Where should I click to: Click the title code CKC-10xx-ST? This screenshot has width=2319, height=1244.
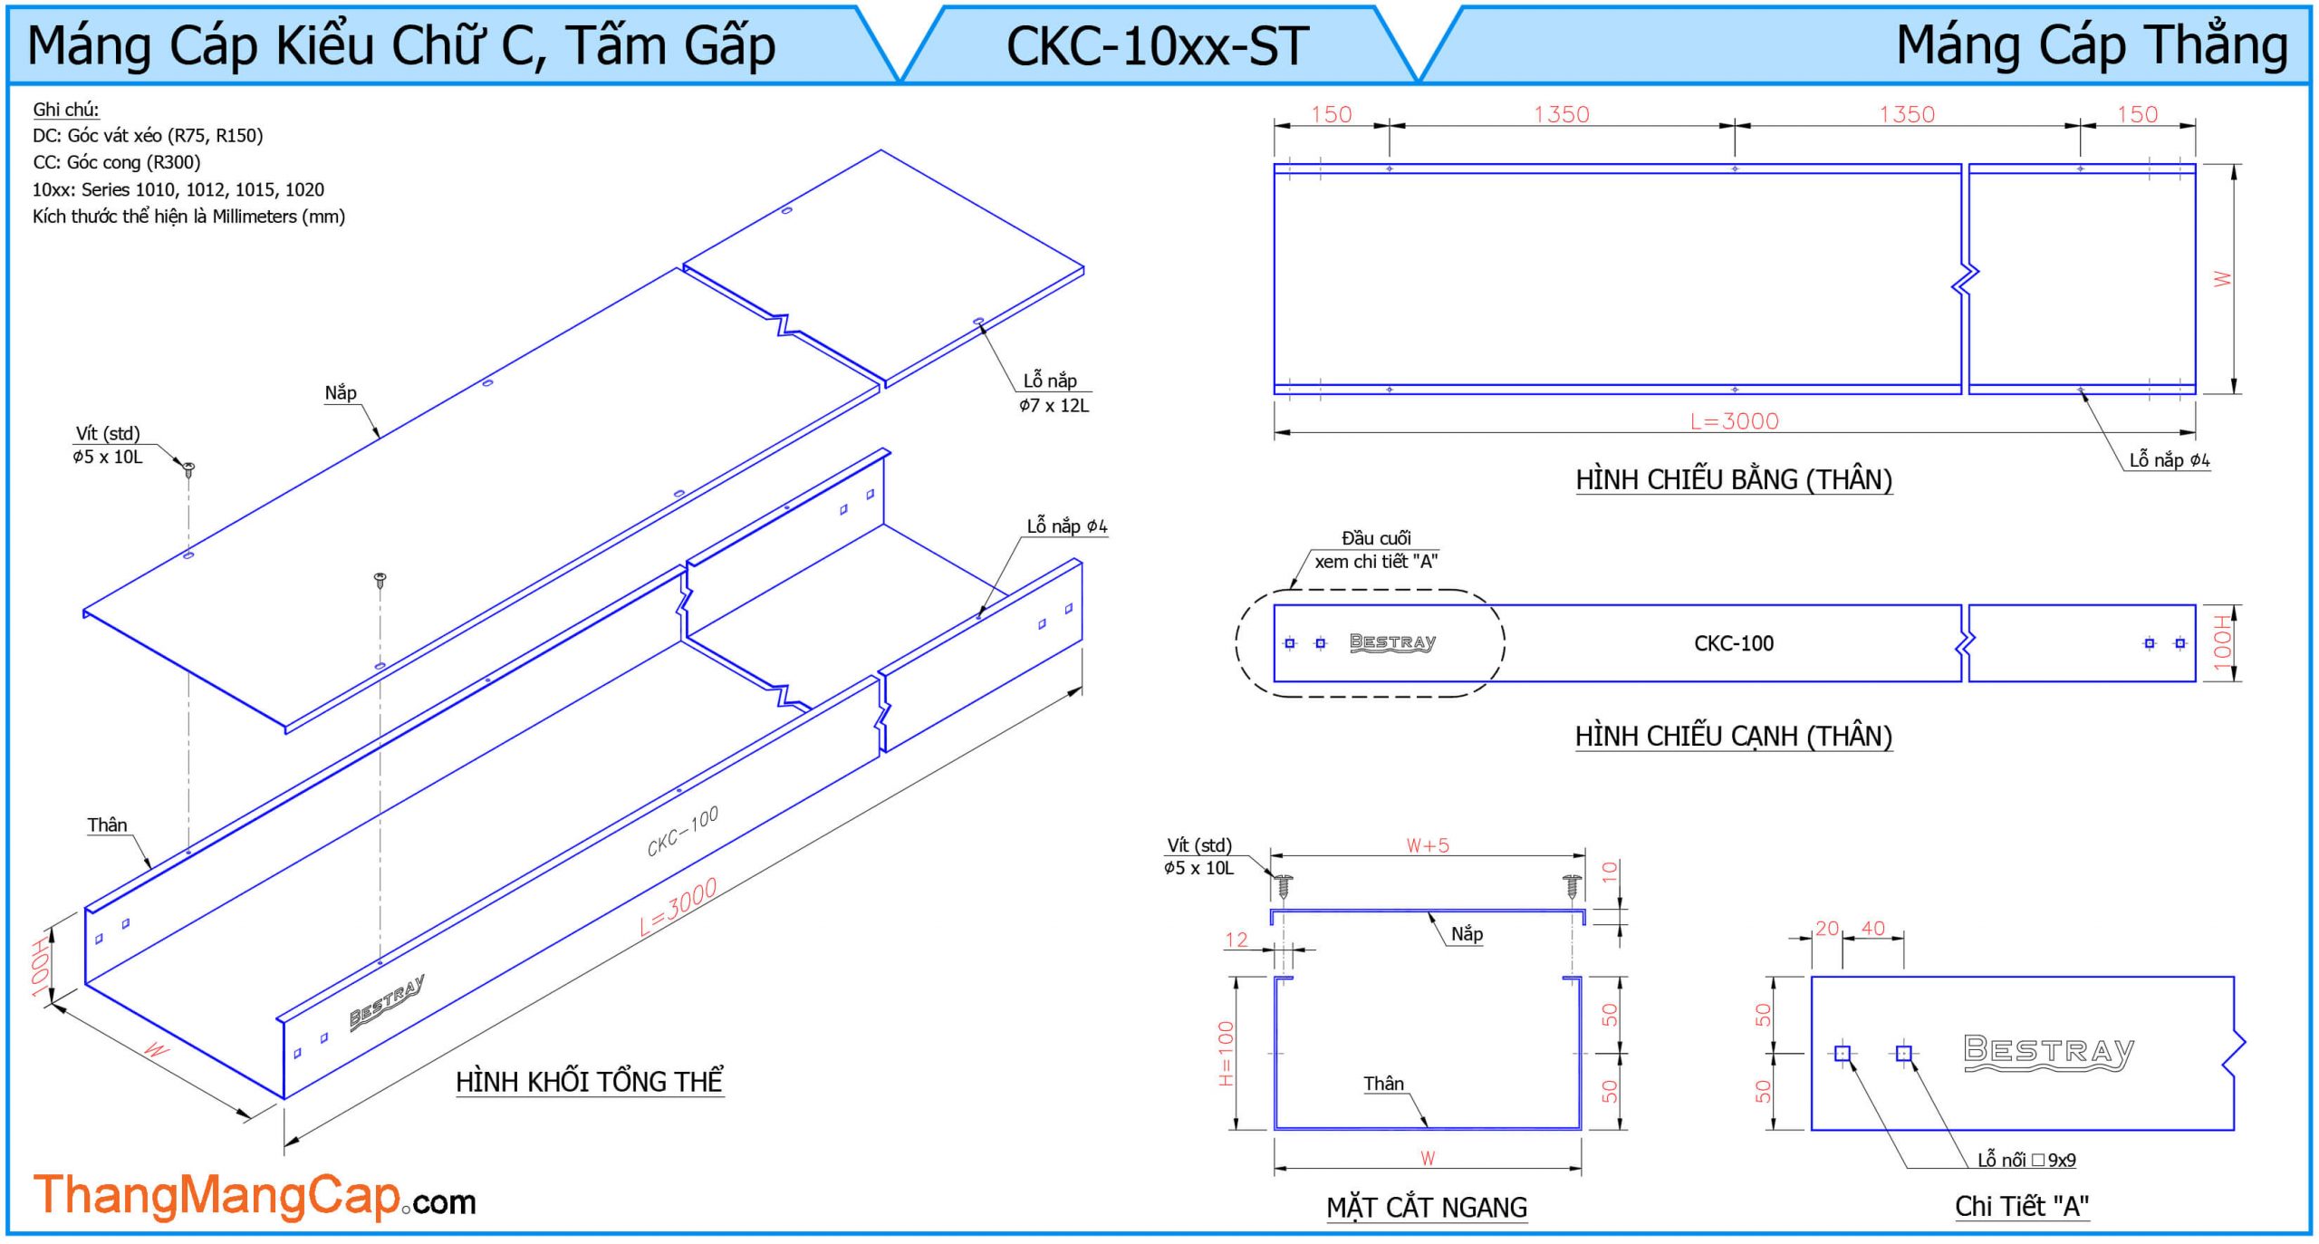click(x=1157, y=45)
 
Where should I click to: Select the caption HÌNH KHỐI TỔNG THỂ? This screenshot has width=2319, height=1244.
click(x=589, y=1082)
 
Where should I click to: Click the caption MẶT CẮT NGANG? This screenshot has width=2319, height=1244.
click(x=1427, y=1207)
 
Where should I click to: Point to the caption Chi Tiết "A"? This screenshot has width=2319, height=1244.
click(x=2021, y=1206)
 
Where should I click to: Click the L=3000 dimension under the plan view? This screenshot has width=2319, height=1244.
click(x=1734, y=421)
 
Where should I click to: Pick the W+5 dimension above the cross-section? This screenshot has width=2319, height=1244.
click(x=1428, y=845)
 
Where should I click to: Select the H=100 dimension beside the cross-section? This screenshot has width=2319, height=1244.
click(x=1226, y=1053)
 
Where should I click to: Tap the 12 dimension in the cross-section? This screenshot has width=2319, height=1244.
click(x=1236, y=940)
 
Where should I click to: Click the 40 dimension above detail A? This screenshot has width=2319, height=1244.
click(x=1872, y=928)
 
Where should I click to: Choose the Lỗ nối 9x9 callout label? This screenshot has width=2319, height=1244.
click(x=2026, y=1160)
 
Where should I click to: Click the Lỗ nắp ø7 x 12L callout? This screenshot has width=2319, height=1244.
click(x=1053, y=393)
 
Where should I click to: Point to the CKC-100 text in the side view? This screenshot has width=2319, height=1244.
click(x=1734, y=643)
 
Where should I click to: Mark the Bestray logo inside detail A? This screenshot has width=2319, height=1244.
click(x=2048, y=1052)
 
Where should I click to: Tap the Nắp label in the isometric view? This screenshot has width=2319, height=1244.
click(x=341, y=392)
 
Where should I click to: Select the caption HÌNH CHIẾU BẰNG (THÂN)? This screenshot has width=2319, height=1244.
click(x=1734, y=479)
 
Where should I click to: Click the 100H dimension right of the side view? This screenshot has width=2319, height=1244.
click(x=2222, y=642)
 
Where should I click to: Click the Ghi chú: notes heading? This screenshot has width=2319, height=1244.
click(x=66, y=110)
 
